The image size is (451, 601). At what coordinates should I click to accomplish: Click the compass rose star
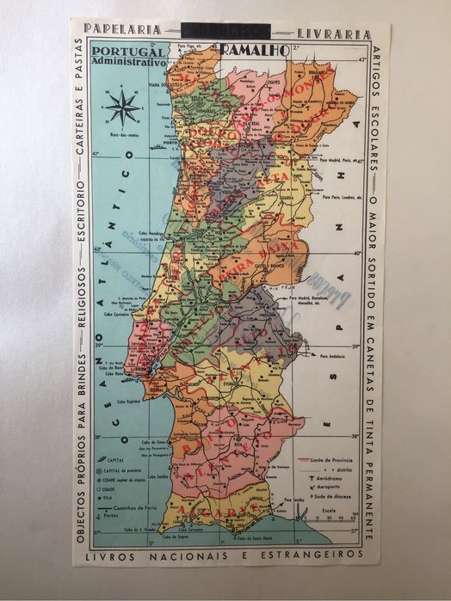[x=123, y=108]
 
